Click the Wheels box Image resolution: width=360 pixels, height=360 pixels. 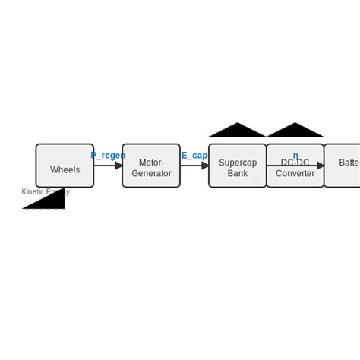65,166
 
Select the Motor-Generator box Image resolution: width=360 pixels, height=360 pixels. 151,166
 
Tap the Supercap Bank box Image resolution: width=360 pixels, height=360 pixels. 237,166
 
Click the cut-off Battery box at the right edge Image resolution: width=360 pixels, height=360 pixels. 343,166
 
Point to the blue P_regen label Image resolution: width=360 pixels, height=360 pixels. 108,156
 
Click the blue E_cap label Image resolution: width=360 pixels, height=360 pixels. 194,156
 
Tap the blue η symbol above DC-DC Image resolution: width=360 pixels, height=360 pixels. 295,156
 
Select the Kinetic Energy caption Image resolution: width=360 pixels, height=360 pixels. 45,192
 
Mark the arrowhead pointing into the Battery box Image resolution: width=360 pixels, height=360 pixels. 321,166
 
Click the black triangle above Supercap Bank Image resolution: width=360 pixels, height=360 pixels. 238,131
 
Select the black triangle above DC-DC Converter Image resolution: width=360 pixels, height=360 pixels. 295,131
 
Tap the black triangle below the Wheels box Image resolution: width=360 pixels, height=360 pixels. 51,201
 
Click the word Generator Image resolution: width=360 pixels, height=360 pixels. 151,173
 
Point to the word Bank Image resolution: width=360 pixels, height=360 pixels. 238,173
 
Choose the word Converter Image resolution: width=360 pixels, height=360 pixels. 295,173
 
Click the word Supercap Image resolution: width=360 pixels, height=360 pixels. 238,163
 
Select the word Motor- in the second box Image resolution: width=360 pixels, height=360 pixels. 151,163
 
